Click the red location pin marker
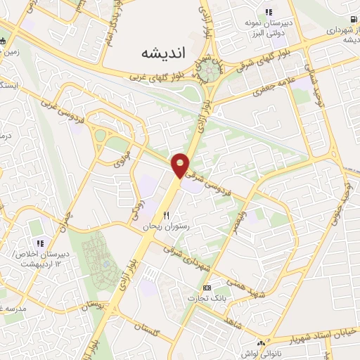[181, 165]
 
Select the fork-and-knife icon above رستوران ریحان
[167, 216]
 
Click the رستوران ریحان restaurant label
[143, 227]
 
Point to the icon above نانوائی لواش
[261, 343]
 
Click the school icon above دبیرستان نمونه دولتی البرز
[268, 12]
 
